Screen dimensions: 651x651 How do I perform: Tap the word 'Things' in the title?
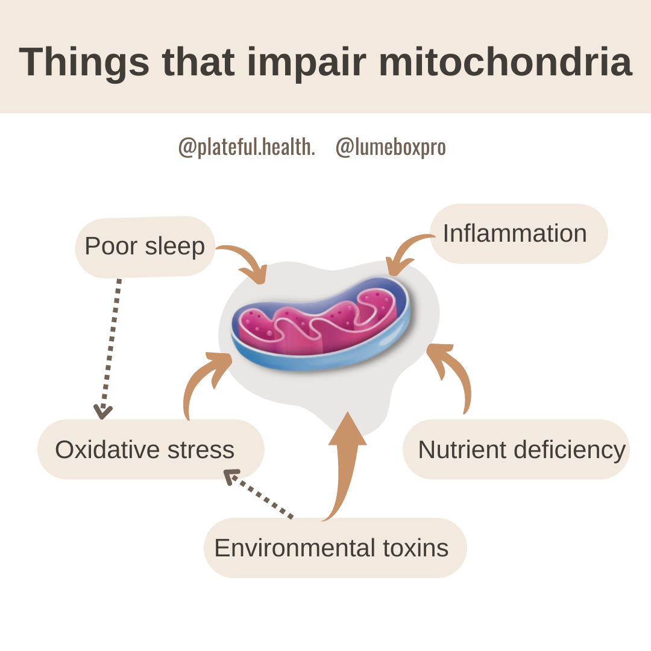[x=84, y=61]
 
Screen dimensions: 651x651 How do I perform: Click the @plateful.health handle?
[x=247, y=147]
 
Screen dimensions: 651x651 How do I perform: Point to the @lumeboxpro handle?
[x=391, y=147]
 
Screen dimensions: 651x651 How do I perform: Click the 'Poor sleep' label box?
[x=145, y=247]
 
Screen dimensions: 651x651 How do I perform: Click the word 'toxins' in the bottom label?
[x=416, y=548]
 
